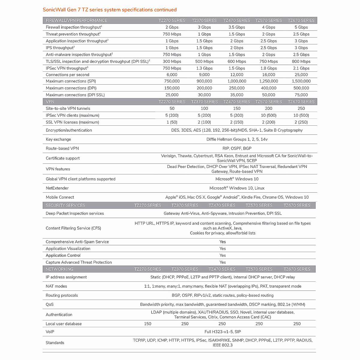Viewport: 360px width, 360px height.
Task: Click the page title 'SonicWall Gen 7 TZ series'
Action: click(x=109, y=10)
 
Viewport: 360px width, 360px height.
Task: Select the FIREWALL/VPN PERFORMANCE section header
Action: click(x=76, y=20)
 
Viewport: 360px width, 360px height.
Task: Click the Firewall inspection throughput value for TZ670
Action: click(x=301, y=27)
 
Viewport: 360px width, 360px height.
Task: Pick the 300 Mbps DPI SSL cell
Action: click(x=172, y=61)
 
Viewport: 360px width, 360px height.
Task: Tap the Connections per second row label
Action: click(x=67, y=75)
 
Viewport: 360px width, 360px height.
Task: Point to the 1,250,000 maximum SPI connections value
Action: click(x=268, y=81)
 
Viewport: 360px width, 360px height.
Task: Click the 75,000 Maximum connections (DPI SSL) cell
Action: click(x=301, y=95)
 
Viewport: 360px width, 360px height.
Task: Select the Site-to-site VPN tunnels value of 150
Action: click(x=237, y=109)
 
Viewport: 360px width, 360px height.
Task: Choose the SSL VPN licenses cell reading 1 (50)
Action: click(x=172, y=122)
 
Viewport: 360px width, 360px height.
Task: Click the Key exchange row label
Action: click(x=58, y=139)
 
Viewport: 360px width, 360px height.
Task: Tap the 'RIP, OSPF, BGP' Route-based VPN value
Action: click(x=237, y=148)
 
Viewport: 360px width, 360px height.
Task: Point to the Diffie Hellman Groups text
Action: click(x=237, y=139)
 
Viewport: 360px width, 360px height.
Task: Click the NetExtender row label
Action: click(x=57, y=188)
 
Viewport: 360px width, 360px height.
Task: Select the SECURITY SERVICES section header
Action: click(x=65, y=205)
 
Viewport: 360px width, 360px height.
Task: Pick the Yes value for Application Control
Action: click(x=223, y=255)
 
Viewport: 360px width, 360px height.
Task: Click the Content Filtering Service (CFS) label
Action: click(x=73, y=228)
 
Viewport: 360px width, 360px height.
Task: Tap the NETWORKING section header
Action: click(x=59, y=269)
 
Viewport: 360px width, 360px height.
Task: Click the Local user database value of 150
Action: click(x=148, y=324)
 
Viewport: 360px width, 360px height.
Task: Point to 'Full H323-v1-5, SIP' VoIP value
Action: click(x=223, y=332)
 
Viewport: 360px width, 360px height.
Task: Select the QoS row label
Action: click(x=49, y=304)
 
